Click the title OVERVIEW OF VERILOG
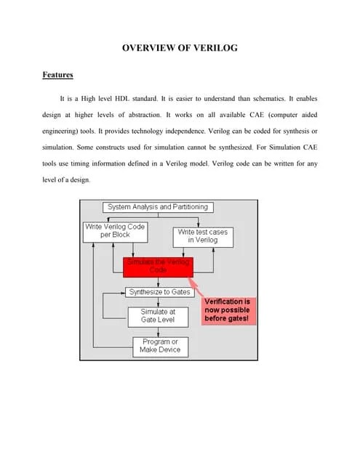pyautogui.click(x=180, y=48)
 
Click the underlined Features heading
pyautogui.click(x=57, y=75)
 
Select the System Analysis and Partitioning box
pyautogui.click(x=157, y=207)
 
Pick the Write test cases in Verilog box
pyautogui.click(x=202, y=235)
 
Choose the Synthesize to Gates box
pyautogui.click(x=159, y=292)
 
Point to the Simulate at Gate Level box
pyautogui.click(x=157, y=316)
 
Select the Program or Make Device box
pyautogui.click(x=159, y=346)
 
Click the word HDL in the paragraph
pyautogui.click(x=134, y=97)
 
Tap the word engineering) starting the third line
pyautogui.click(x=63, y=132)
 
